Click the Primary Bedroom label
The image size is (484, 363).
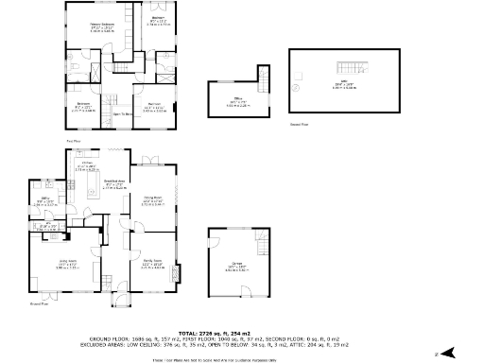click(x=90, y=26)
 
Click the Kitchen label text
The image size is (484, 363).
click(x=85, y=164)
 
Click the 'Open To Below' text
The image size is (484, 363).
click(x=121, y=114)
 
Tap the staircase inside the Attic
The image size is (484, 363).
click(x=359, y=67)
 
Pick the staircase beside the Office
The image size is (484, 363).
click(x=266, y=75)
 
